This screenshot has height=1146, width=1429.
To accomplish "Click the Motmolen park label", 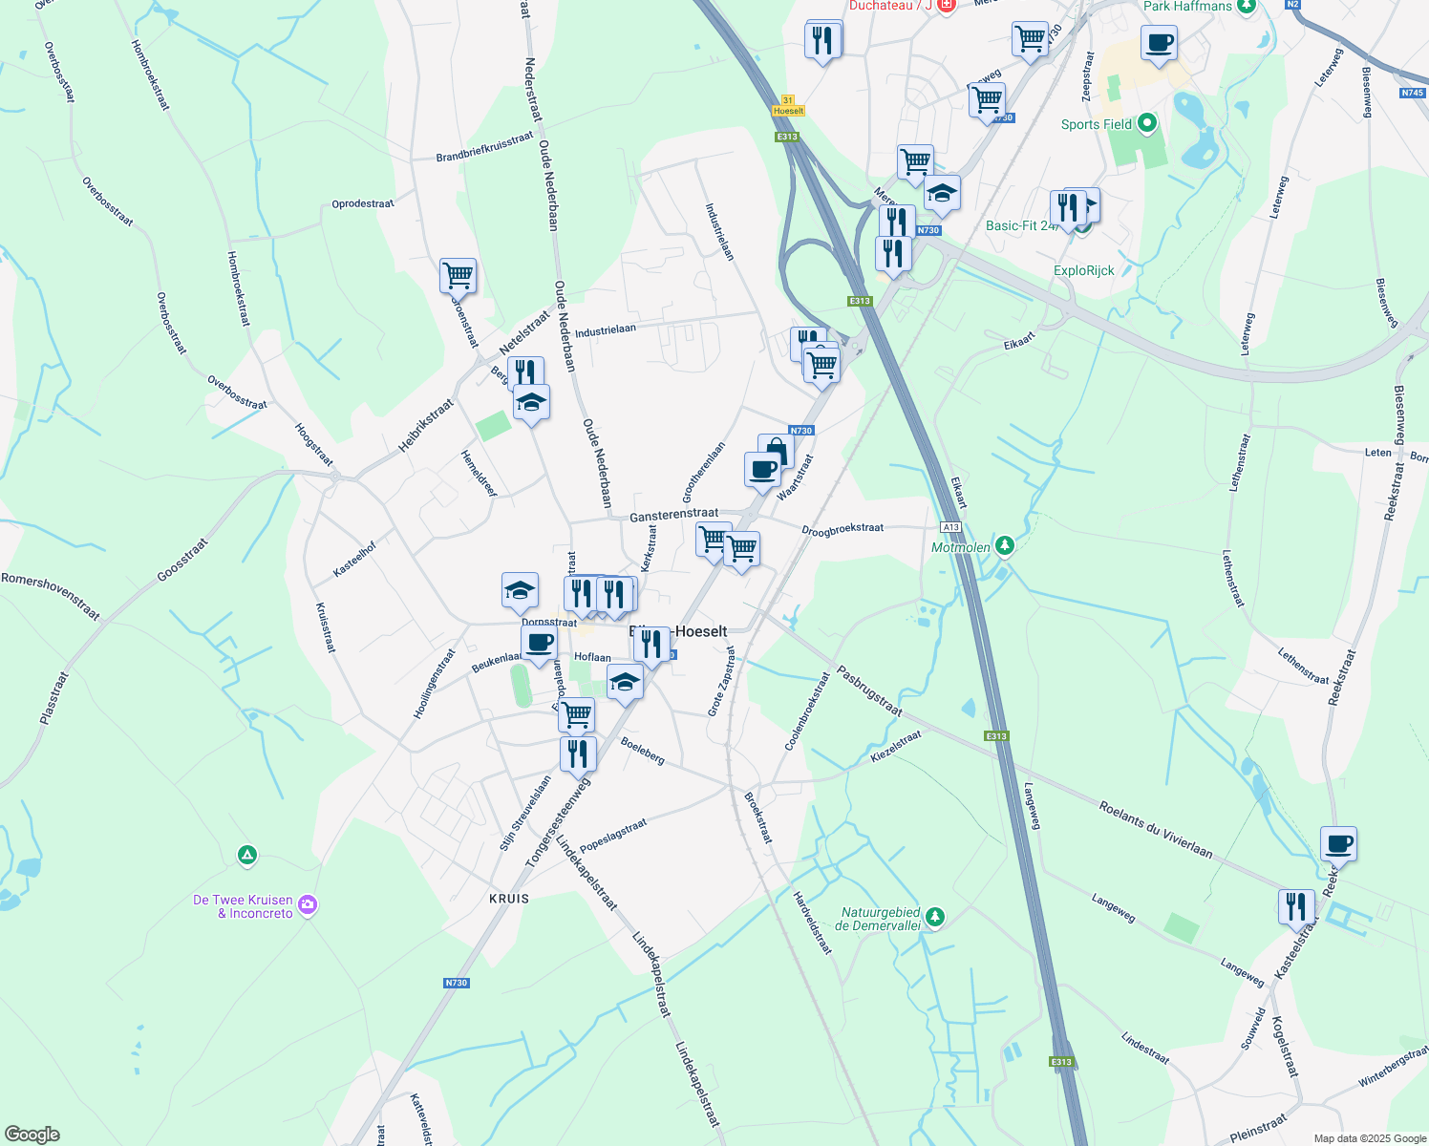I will click(961, 547).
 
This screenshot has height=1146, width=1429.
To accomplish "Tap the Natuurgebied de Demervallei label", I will click(877, 919).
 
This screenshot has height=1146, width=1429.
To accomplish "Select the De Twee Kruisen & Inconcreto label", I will click(243, 906).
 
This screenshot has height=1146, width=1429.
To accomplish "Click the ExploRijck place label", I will click(1083, 270).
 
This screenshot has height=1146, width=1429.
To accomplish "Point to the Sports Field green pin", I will click(1147, 123).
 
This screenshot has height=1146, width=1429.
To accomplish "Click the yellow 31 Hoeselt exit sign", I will click(788, 106).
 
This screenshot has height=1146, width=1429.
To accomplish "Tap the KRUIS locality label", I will click(508, 899).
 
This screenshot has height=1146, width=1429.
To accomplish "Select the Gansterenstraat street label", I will click(673, 515).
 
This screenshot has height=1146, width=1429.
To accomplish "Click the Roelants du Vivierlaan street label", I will click(1155, 830).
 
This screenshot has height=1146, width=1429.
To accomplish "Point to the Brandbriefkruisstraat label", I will click(484, 147).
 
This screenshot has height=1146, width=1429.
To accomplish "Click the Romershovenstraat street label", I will click(51, 596).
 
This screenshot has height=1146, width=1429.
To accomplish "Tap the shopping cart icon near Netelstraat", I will click(458, 275).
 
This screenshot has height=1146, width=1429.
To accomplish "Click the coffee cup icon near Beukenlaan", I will click(539, 643).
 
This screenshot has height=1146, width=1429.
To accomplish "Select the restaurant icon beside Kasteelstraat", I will click(1296, 906).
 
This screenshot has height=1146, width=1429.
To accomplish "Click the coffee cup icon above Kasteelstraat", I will click(1338, 843).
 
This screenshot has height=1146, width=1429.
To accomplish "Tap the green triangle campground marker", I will click(247, 855).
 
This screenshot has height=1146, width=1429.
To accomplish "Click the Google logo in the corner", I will click(32, 1135).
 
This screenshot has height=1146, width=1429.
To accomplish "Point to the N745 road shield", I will click(1412, 93).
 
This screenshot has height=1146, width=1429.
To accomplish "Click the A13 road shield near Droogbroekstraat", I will click(949, 527).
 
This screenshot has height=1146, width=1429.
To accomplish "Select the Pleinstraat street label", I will click(1258, 1129).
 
